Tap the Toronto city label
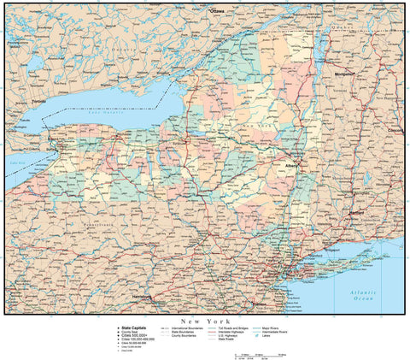click(x=38, y=101)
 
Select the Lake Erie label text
click(x=17, y=162)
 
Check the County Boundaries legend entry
click(x=188, y=335)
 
